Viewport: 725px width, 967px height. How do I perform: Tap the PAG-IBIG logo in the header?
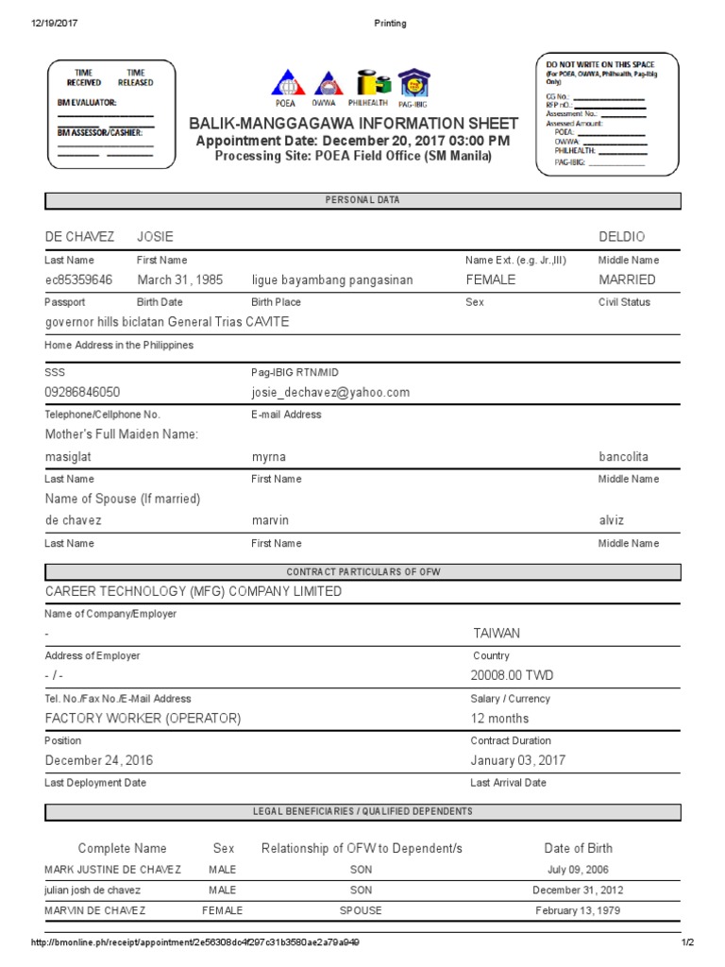413,84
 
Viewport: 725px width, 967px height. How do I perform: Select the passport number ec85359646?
79,280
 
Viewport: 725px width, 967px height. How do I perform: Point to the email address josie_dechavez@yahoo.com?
330,392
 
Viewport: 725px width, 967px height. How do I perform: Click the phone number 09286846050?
83,392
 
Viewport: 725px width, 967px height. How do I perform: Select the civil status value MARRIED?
627,280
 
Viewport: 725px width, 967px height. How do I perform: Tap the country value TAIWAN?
497,634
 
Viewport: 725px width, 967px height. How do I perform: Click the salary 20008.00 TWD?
513,676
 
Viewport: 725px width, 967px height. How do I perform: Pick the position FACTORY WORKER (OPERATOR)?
143,719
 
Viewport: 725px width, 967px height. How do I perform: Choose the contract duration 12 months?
500,719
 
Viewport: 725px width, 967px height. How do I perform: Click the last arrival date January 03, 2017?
518,760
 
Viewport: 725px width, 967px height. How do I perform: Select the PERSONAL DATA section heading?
362,200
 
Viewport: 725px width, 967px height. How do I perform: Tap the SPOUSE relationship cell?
362,911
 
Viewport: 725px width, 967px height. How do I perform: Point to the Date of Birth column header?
578,848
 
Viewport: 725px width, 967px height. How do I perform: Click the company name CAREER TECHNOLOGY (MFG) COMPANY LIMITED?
194,591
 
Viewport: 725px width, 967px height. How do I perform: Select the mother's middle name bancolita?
624,457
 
